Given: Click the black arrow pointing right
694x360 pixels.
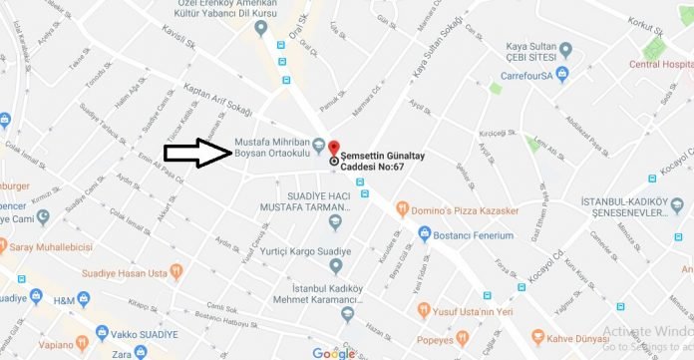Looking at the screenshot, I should point(197,153).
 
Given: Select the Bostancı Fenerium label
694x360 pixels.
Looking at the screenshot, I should point(474,235).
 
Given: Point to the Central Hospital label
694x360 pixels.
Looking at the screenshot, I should point(659,65).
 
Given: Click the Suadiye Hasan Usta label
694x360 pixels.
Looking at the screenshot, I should point(111,268).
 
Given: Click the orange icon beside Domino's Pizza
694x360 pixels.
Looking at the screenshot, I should point(402,209).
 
